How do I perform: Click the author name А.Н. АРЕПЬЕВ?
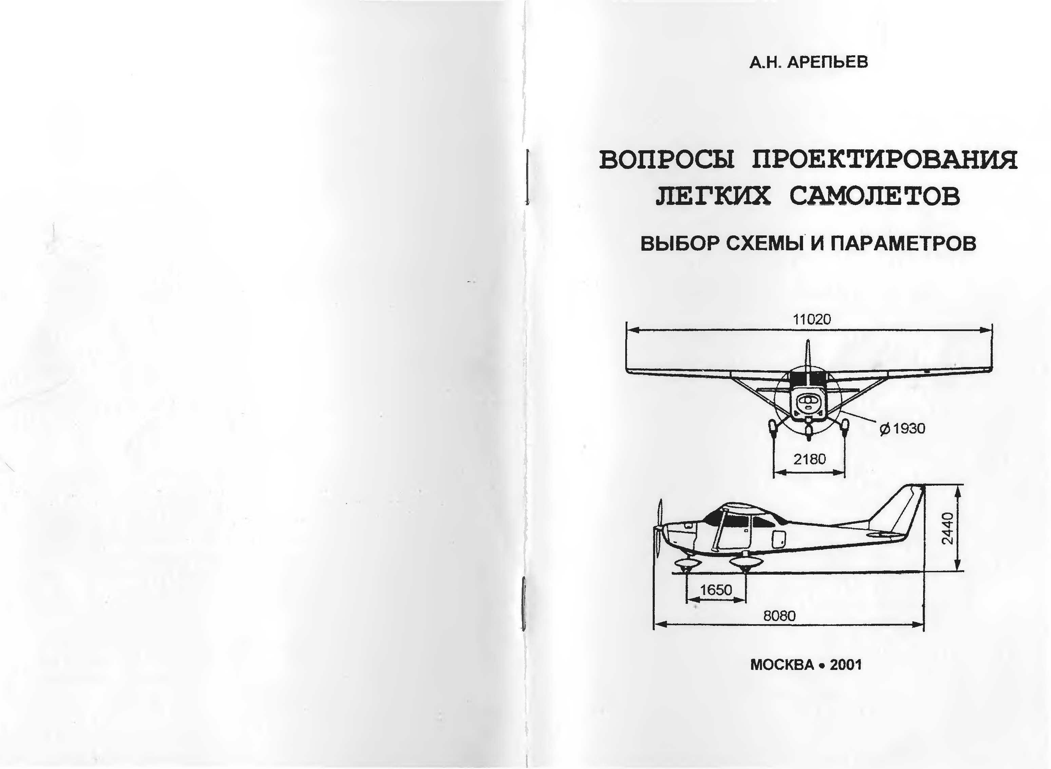[808, 62]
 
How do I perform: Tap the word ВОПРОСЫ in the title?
[667, 160]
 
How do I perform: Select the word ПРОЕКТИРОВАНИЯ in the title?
[884, 160]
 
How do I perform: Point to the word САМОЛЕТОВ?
[875, 196]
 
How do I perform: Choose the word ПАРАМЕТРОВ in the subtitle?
[903, 244]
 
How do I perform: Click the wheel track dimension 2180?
[809, 459]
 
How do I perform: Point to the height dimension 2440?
[947, 528]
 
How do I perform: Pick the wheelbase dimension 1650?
[716, 590]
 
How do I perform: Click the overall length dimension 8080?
[780, 616]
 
